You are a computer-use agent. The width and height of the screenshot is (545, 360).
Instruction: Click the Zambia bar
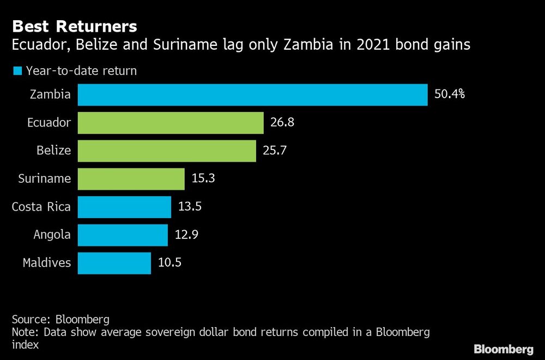[x=252, y=94]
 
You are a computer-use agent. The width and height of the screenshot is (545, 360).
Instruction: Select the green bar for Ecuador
[x=171, y=123]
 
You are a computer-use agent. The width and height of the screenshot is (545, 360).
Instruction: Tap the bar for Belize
[x=167, y=151]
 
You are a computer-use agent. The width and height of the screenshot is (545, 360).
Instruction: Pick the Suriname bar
[x=131, y=178]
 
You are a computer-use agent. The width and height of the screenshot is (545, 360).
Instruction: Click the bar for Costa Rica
[x=125, y=207]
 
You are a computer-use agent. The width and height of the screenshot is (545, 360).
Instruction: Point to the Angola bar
[x=123, y=235]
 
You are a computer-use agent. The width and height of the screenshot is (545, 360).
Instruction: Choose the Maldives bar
[x=114, y=263]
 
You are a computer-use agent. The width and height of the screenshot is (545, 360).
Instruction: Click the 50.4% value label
[x=449, y=94]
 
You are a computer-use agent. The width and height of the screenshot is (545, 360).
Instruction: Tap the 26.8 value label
[x=282, y=123]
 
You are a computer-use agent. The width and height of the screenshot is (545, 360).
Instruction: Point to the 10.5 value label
[x=169, y=263]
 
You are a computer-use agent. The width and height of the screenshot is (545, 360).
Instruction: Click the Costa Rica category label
[x=41, y=207]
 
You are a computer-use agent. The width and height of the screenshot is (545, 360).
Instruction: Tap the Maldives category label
[x=47, y=263]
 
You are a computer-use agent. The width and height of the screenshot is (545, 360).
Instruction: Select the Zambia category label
[x=51, y=94]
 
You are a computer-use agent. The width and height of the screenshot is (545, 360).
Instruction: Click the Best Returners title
[x=75, y=26]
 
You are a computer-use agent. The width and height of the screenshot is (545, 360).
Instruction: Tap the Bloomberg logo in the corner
[x=503, y=349]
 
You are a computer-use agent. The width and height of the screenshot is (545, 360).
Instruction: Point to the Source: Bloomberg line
[x=60, y=319]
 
